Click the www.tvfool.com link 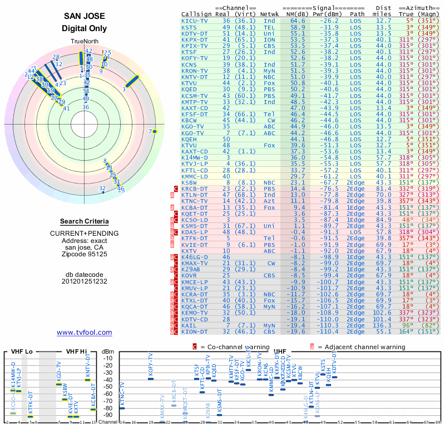tap(85, 332)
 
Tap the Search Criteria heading tap(84, 221)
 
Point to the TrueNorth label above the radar tap(84, 42)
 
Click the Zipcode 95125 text tap(85, 254)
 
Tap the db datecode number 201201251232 tap(85, 281)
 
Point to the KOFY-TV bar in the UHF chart tap(151, 379)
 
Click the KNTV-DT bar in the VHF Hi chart tap(87, 380)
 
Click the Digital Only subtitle tap(85, 28)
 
